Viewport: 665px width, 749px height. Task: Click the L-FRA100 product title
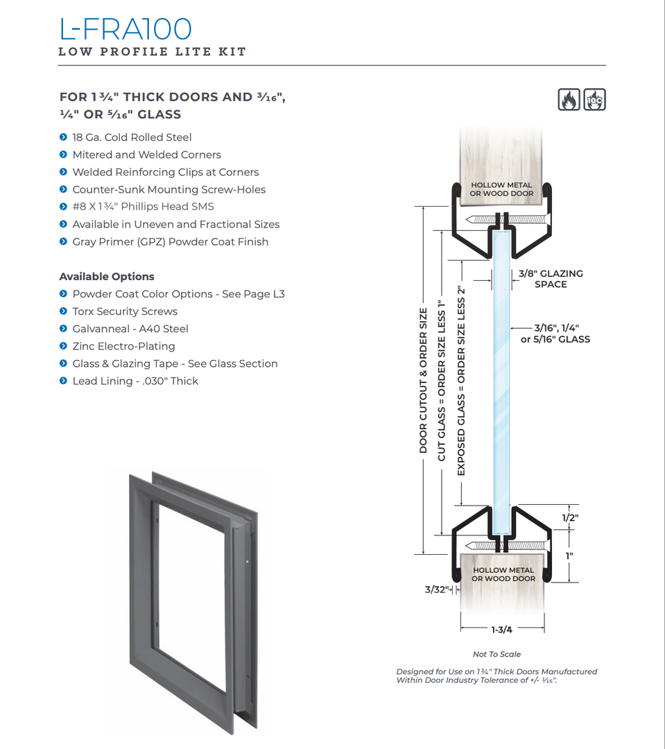pos(126,28)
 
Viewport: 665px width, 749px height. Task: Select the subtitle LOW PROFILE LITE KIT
pos(153,52)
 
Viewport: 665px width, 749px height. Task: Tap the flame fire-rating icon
pos(569,100)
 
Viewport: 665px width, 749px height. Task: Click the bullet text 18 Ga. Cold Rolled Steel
pos(132,137)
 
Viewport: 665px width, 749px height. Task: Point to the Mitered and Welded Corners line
pos(146,155)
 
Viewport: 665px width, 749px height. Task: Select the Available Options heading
pos(107,276)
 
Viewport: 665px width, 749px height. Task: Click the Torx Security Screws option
pos(125,311)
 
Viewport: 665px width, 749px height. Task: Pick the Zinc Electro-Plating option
pos(123,346)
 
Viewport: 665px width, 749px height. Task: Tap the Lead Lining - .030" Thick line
pos(135,381)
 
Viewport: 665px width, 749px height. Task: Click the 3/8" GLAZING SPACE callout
pos(551,279)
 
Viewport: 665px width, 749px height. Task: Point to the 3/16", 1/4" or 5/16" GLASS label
pos(555,334)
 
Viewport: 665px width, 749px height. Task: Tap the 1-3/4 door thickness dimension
pos(501,630)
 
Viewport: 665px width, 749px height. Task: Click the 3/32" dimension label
pos(438,590)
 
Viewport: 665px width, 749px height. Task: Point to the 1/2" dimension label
pos(570,517)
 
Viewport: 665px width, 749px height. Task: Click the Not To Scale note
pos(496,654)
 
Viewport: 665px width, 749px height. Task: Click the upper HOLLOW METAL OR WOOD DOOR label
pos(501,189)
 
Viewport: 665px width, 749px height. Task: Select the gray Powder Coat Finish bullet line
pos(170,242)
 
